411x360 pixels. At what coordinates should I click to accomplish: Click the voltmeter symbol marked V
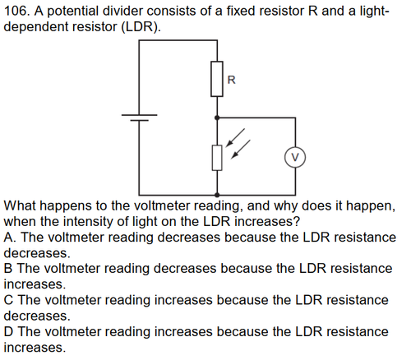coord(295,158)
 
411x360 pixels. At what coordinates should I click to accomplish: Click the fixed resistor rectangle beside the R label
coord(217,79)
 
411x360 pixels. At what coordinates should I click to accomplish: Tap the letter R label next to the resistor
coord(232,80)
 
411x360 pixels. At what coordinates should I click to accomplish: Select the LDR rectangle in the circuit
coord(217,158)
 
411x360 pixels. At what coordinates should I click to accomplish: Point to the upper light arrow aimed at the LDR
coord(235,138)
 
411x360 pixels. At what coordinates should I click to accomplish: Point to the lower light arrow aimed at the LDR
coord(241,150)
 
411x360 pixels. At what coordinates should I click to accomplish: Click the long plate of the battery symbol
coord(140,115)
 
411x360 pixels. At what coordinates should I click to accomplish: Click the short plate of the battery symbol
coord(140,120)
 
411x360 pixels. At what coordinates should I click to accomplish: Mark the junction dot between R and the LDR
coord(217,118)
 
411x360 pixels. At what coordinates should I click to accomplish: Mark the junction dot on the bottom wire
coord(217,195)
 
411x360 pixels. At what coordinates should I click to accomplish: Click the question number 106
coord(16,12)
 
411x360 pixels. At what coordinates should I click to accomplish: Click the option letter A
coord(9,238)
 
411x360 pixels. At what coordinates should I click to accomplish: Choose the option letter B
coord(8,269)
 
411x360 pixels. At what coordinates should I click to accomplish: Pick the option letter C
coord(8,300)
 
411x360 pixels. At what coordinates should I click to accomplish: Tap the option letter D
coord(8,331)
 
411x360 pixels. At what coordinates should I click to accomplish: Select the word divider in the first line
coord(123,12)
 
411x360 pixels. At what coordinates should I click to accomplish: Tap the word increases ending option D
coord(35,348)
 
